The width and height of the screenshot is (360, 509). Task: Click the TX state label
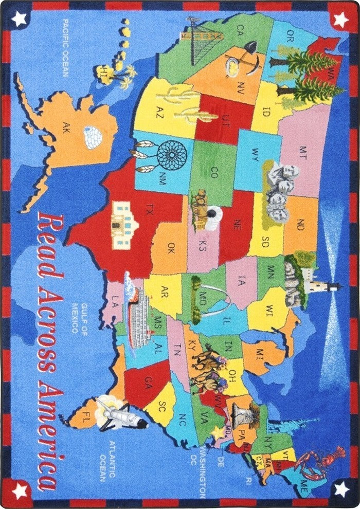coord(150,209)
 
